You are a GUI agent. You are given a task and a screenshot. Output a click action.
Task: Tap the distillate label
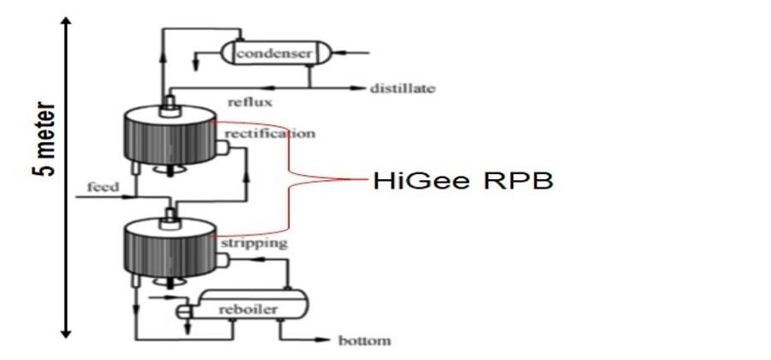(403, 88)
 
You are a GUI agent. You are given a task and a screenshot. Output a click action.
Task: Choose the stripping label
(254, 243)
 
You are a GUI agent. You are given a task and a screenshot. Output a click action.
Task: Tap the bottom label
(364, 340)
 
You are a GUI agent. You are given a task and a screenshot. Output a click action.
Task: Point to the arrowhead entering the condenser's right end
(338, 52)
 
